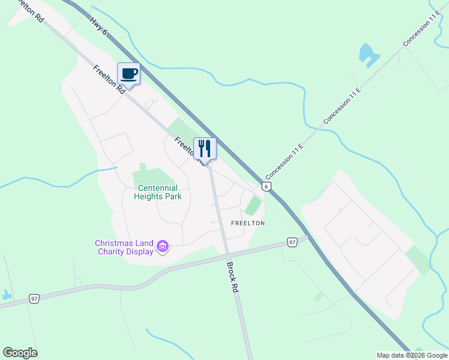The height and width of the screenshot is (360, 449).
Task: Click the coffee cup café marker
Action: point(128,74)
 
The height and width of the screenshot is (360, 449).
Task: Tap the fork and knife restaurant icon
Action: point(205,148)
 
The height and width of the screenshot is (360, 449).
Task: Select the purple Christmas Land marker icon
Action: point(162,247)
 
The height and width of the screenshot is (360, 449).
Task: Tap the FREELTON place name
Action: point(248,223)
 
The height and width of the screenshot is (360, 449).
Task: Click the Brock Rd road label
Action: point(232,277)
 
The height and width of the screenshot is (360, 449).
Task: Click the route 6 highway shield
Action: point(267,186)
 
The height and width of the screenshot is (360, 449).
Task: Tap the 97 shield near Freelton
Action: point(292,242)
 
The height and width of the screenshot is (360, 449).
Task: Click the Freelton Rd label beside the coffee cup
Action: point(109,79)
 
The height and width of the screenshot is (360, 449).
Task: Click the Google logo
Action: point(20,353)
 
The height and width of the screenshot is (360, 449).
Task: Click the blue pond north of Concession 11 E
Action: point(368,55)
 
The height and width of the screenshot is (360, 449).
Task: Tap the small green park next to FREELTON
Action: point(254,205)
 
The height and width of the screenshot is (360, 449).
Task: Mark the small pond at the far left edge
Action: point(6,295)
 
